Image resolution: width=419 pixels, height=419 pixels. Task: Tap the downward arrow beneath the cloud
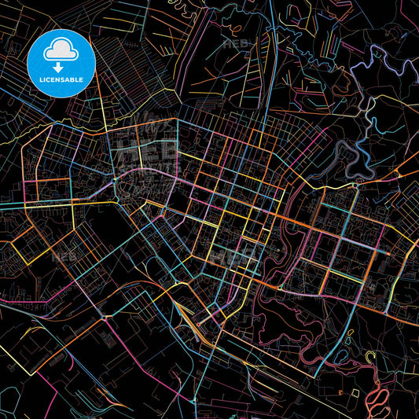[57, 68]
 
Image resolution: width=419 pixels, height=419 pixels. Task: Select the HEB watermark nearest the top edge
[236, 44]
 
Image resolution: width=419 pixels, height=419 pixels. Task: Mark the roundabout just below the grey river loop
[358, 184]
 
